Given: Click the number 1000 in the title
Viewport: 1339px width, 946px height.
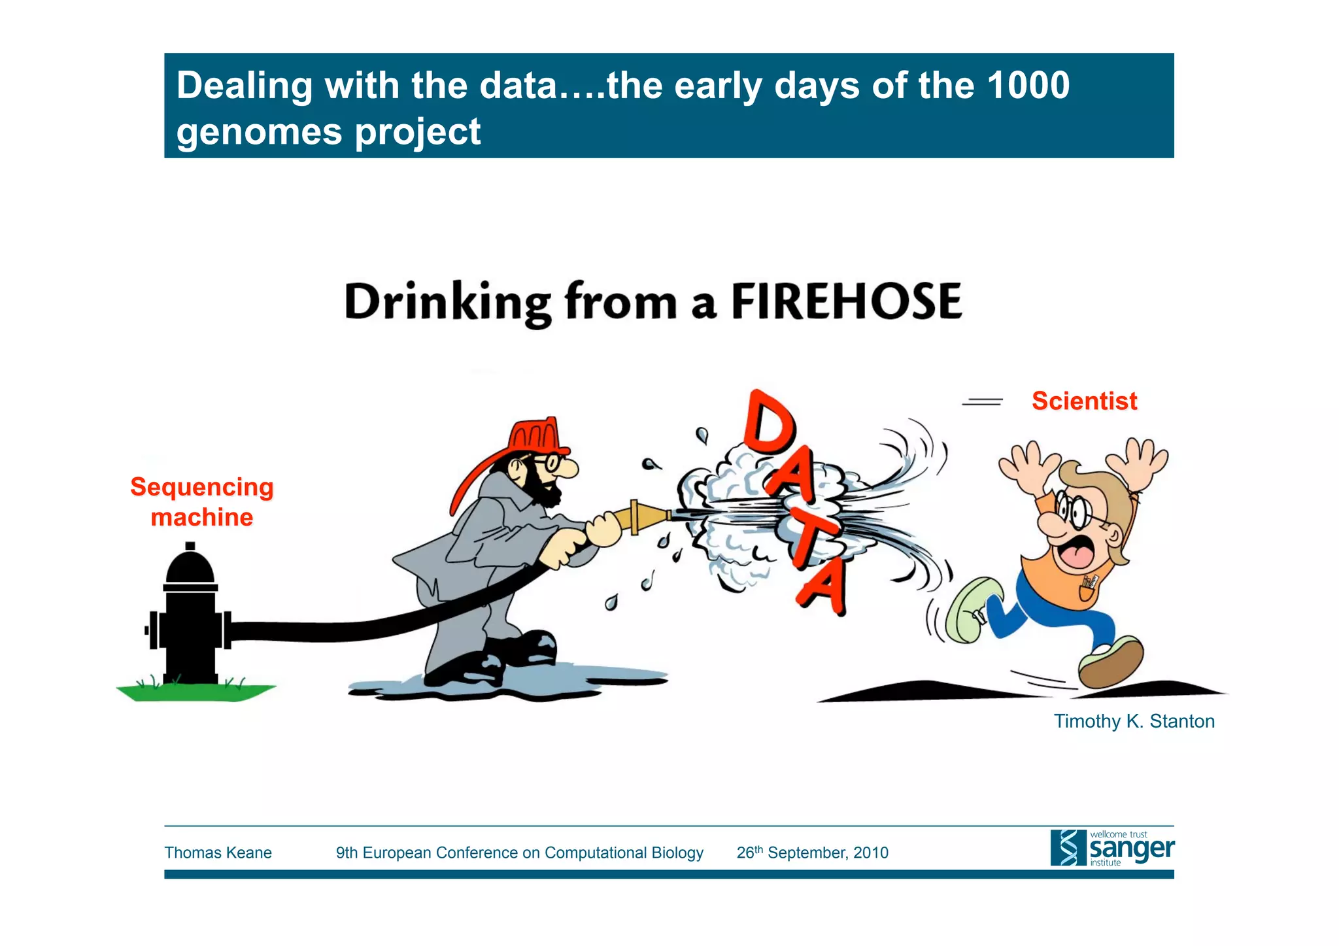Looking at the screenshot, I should pos(1028,86).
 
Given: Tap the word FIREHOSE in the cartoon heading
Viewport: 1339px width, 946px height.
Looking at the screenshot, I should pos(846,302).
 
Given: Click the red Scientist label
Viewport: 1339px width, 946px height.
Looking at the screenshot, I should pos(1084,401).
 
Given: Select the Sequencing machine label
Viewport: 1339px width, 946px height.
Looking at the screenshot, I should pos(202,502).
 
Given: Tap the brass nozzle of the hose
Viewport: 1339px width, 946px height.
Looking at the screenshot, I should pos(647,516).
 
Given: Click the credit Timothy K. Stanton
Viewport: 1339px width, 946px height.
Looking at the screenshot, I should pos(1134,721).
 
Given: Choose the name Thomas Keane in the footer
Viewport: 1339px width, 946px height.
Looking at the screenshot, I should pos(218,853).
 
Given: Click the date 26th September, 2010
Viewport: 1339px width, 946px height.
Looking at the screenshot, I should pos(812,853).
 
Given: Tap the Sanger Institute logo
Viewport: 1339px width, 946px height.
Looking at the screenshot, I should pos(1111,848).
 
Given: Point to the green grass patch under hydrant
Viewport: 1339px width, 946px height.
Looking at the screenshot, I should pos(196,692).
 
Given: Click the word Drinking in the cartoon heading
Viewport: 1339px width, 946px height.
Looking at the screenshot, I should pos(447,303).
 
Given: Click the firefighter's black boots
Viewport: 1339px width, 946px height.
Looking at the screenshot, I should pos(497,660).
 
